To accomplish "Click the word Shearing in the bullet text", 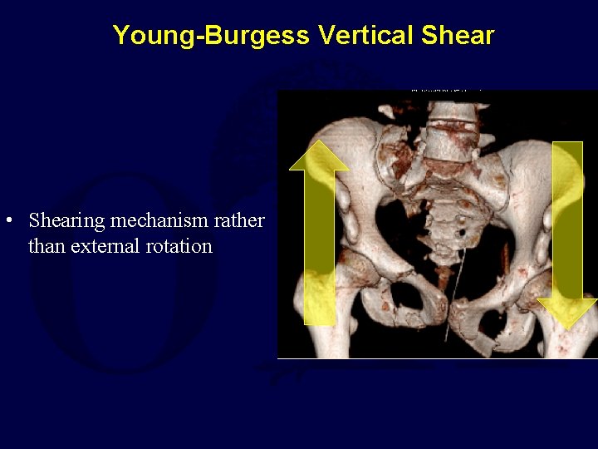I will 66,221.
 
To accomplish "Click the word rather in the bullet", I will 244,221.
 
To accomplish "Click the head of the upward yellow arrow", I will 319,156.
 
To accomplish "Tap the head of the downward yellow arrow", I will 567,312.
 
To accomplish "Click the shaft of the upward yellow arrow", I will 319,249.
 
